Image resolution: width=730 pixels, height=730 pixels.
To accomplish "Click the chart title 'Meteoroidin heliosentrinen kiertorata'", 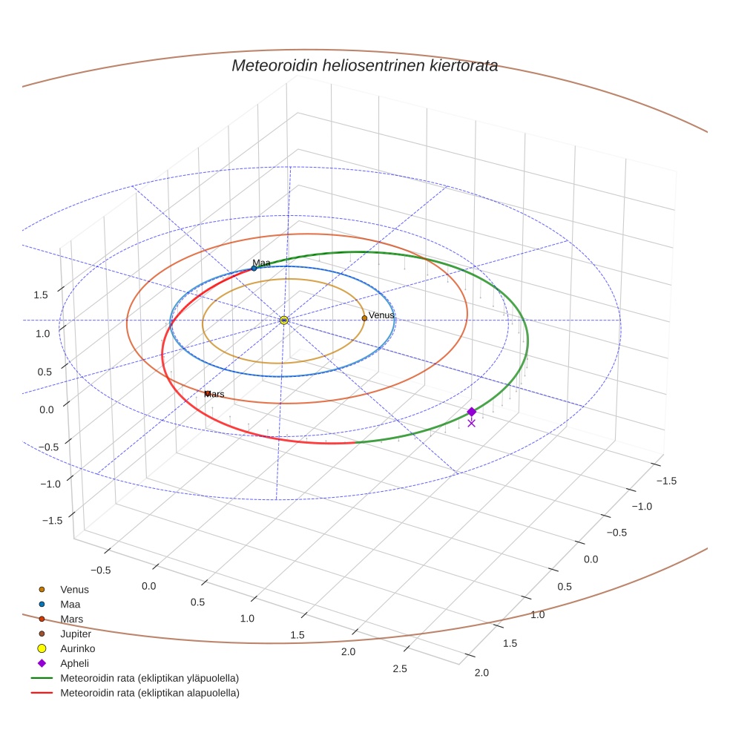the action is click(364, 65).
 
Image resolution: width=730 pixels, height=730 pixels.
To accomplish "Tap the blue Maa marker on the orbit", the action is click(254, 268).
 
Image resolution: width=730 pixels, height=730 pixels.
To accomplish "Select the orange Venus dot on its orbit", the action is click(364, 318).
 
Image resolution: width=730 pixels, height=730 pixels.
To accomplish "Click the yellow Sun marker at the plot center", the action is click(284, 320).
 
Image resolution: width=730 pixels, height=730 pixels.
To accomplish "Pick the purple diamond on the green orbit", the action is click(472, 412).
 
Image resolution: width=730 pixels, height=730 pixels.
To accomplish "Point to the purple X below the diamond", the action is click(472, 423).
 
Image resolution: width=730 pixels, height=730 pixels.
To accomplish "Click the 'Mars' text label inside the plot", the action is click(214, 395).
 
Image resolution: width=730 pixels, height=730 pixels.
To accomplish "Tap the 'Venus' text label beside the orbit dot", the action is click(381, 315).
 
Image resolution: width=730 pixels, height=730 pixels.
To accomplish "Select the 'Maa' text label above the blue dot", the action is click(261, 263).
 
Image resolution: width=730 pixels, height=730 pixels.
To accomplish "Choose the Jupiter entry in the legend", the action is click(65, 634).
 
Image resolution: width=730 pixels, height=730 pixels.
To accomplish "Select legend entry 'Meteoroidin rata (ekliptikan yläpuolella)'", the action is click(135, 678).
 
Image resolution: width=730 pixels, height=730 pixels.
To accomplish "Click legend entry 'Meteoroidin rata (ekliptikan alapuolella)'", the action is click(135, 693).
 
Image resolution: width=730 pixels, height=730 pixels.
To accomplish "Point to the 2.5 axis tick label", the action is click(399, 668).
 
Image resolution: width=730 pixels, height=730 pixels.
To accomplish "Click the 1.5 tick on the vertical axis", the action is click(41, 295).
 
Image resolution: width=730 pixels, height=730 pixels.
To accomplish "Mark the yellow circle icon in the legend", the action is click(42, 648).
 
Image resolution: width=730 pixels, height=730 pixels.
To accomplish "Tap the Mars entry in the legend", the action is click(61, 619).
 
